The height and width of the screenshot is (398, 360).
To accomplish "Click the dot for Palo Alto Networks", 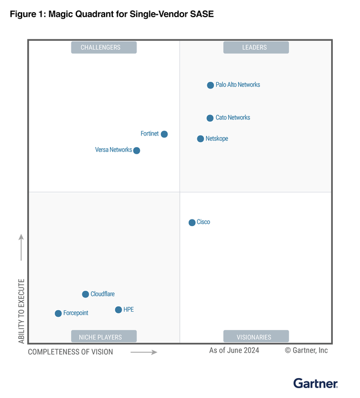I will pyautogui.click(x=210, y=85).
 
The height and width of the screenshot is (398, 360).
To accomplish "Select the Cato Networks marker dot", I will pyautogui.click(x=210, y=118).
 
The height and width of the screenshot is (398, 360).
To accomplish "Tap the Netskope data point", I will pyautogui.click(x=201, y=139).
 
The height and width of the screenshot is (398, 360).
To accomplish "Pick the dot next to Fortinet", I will pyautogui.click(x=164, y=134).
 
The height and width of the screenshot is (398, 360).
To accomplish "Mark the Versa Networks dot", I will pyautogui.click(x=137, y=150).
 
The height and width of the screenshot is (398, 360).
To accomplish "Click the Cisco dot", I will pyautogui.click(x=192, y=222).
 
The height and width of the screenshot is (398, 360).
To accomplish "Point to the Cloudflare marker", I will pyautogui.click(x=86, y=294).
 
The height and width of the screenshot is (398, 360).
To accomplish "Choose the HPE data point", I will pyautogui.click(x=118, y=310).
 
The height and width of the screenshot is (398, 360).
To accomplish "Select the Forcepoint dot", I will pyautogui.click(x=58, y=313).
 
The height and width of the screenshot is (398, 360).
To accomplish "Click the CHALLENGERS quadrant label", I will pyautogui.click(x=103, y=48).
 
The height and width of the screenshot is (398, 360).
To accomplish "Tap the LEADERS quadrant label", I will pyautogui.click(x=255, y=48).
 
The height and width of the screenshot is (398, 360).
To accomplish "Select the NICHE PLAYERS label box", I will pyautogui.click(x=103, y=337).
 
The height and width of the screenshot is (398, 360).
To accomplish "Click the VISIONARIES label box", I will pyautogui.click(x=255, y=337).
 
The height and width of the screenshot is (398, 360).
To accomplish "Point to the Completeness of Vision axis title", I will pyautogui.click(x=70, y=352).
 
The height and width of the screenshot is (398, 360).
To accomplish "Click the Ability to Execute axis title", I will pyautogui.click(x=22, y=311).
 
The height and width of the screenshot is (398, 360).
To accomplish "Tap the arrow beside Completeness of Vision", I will pyautogui.click(x=144, y=352).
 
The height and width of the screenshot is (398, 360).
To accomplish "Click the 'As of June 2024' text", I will pyautogui.click(x=234, y=350).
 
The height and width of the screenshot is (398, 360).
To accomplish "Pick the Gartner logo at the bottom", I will pyautogui.click(x=315, y=383).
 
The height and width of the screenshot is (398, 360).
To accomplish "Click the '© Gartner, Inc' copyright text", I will pyautogui.click(x=306, y=350).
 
